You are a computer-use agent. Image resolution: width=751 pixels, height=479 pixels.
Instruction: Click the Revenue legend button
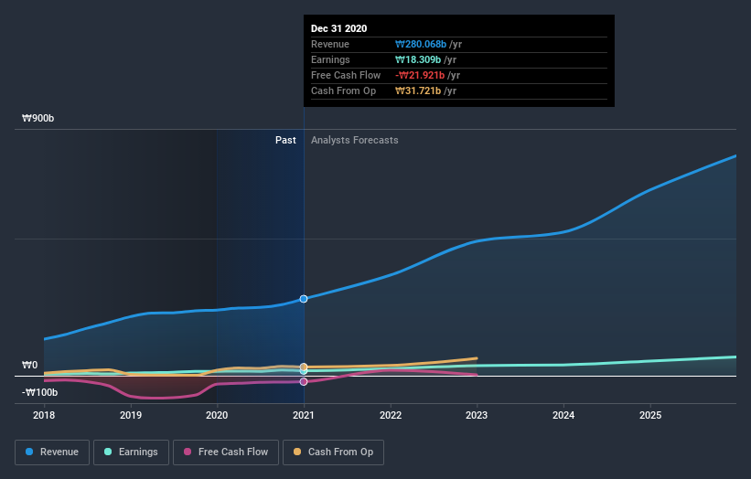[x=53, y=452]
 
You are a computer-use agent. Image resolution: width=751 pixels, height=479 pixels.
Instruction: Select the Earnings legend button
[x=131, y=452]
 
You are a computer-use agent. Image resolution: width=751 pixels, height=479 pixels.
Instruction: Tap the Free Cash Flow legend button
[x=225, y=452]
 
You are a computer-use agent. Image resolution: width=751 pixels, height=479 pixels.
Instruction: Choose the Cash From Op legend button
[x=334, y=452]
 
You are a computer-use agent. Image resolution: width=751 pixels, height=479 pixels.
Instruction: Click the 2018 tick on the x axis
[x=44, y=414]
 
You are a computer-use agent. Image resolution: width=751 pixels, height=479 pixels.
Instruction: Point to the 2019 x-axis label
[x=131, y=414]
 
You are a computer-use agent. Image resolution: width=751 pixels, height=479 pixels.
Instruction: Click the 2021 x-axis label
[x=304, y=414]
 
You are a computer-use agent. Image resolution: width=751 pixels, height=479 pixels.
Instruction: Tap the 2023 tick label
[x=477, y=414]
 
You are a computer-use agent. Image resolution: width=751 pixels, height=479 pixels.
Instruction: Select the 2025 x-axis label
[x=650, y=414]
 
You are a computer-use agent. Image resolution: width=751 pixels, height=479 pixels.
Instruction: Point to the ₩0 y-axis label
[x=30, y=366]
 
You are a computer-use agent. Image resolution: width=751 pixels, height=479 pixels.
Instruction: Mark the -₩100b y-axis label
[x=40, y=392]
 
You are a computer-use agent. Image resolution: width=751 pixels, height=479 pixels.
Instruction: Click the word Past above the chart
[x=285, y=140]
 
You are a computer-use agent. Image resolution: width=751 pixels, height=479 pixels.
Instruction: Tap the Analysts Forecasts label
[x=355, y=140]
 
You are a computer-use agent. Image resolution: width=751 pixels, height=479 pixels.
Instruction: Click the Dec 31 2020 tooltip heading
[x=339, y=28]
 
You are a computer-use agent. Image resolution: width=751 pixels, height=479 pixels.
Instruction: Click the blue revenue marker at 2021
[x=304, y=299]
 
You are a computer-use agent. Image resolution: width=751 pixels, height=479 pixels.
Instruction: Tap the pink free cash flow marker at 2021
[x=304, y=381]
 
